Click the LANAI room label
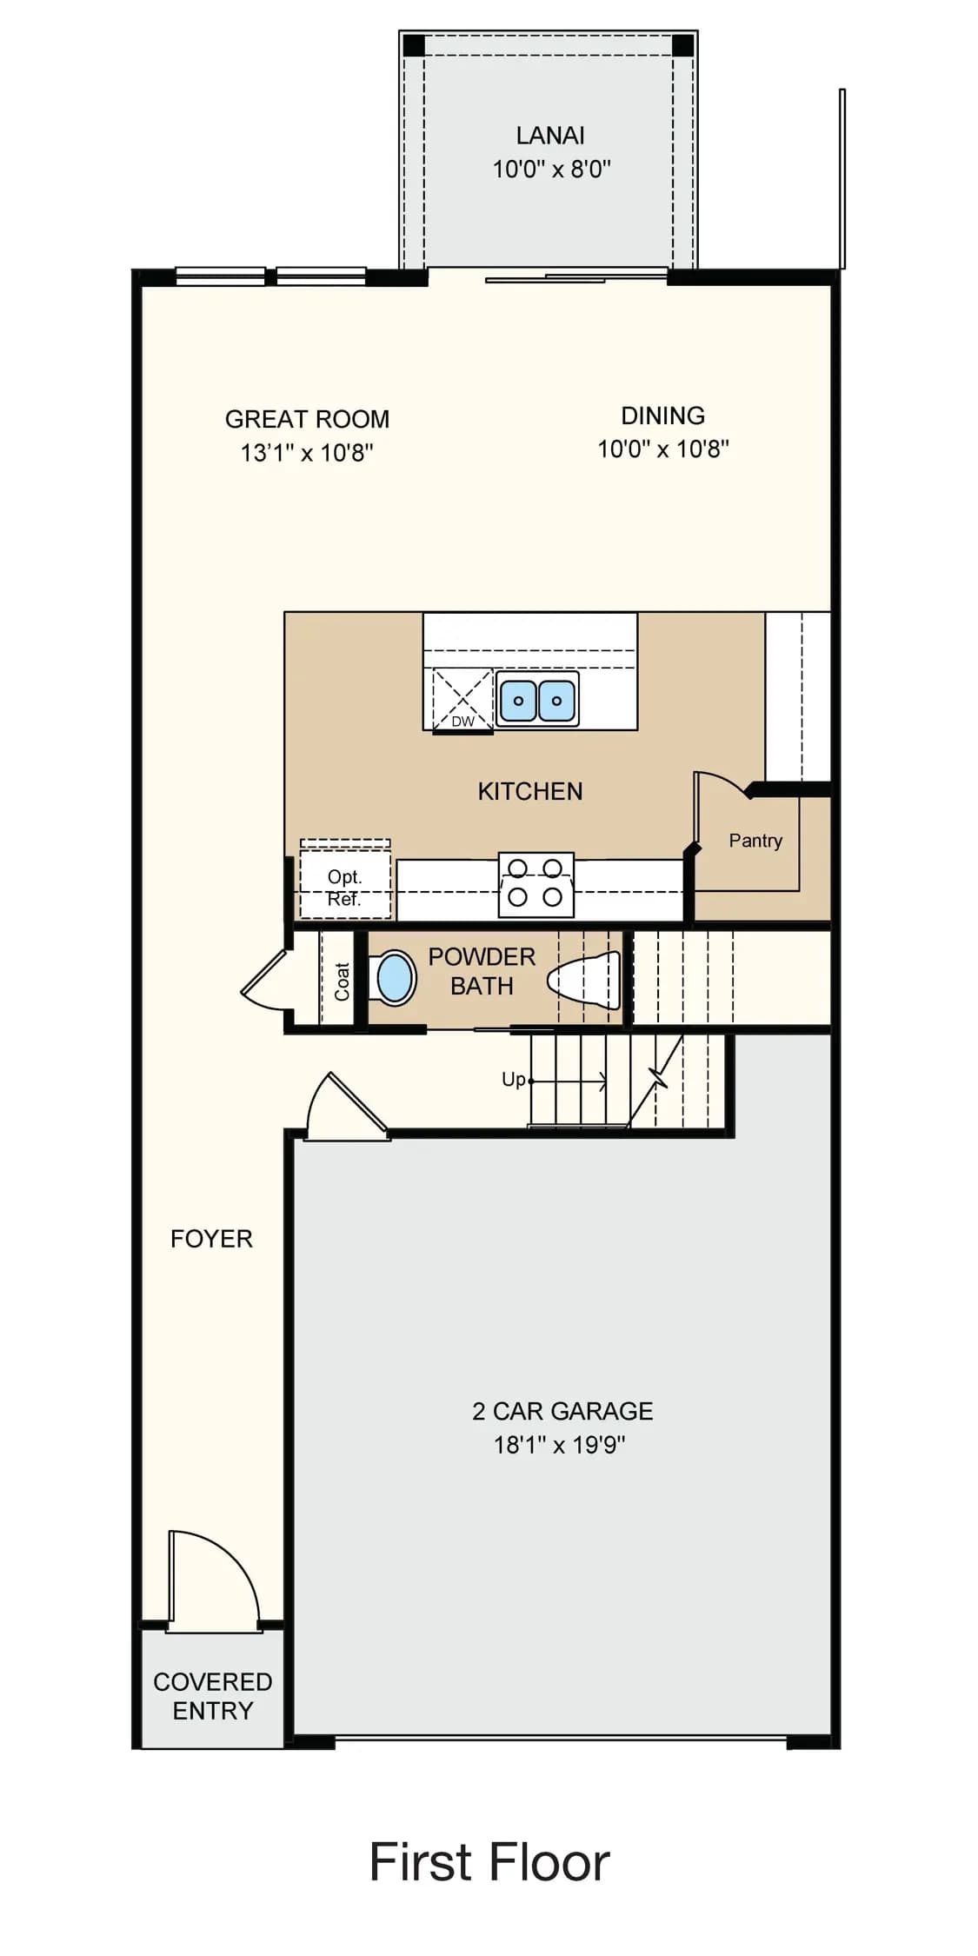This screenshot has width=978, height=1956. pyautogui.click(x=550, y=136)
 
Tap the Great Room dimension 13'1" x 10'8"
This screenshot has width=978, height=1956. pyautogui.click(x=307, y=453)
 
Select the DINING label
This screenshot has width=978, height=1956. pyautogui.click(x=662, y=416)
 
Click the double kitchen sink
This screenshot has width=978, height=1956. pyautogui.click(x=537, y=699)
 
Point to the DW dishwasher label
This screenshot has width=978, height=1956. pyautogui.click(x=462, y=722)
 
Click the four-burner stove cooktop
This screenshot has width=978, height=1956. pyautogui.click(x=536, y=884)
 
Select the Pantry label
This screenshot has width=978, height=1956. pyautogui.click(x=755, y=841)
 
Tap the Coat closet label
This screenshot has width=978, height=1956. pyautogui.click(x=342, y=981)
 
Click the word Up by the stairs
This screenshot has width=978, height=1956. pyautogui.click(x=514, y=1080)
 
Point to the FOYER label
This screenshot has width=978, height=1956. pyautogui.click(x=211, y=1239)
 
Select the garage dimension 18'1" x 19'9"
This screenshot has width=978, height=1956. pyautogui.click(x=560, y=1445)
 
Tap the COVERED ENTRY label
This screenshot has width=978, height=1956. pyautogui.click(x=212, y=1696)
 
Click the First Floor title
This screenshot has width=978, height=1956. pyautogui.click(x=489, y=1862)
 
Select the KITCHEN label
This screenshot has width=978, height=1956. pyautogui.click(x=530, y=791)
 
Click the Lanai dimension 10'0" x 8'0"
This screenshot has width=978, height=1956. pyautogui.click(x=552, y=169)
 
